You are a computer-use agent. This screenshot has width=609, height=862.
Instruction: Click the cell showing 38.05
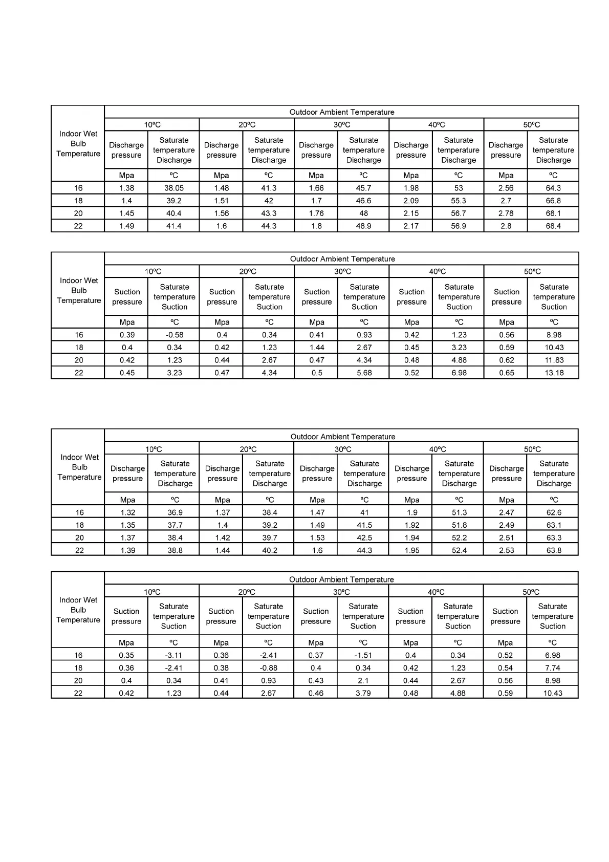click(174, 188)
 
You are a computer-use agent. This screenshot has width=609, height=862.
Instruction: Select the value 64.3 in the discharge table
click(553, 188)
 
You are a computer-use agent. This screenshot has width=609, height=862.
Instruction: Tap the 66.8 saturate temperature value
click(553, 201)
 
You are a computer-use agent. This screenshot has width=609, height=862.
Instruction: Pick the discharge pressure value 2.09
click(411, 201)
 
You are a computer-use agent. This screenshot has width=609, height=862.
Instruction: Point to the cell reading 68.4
click(553, 226)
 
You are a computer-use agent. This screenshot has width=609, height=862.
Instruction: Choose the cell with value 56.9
click(459, 226)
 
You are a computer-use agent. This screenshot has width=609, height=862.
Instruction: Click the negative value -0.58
click(175, 335)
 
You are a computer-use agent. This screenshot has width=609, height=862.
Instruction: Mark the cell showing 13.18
click(554, 373)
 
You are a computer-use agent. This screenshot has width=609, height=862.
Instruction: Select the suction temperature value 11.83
click(554, 360)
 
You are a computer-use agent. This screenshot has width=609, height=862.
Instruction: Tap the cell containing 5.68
click(364, 373)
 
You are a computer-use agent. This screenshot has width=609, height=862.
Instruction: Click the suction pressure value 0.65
click(507, 373)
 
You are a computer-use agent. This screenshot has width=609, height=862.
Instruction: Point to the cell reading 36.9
click(175, 512)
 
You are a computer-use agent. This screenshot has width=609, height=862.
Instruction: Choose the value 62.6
click(554, 512)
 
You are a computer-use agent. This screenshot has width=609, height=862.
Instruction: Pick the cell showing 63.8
click(554, 550)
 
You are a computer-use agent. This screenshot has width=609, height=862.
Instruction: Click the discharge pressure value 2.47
click(506, 512)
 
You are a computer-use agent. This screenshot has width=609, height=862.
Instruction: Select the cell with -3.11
click(174, 655)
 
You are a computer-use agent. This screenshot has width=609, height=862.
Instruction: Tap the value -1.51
click(363, 655)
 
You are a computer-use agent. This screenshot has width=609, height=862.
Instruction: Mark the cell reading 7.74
click(553, 668)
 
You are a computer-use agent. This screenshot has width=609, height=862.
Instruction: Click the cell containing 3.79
click(363, 693)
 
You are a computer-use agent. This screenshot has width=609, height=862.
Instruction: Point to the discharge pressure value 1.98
click(411, 188)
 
